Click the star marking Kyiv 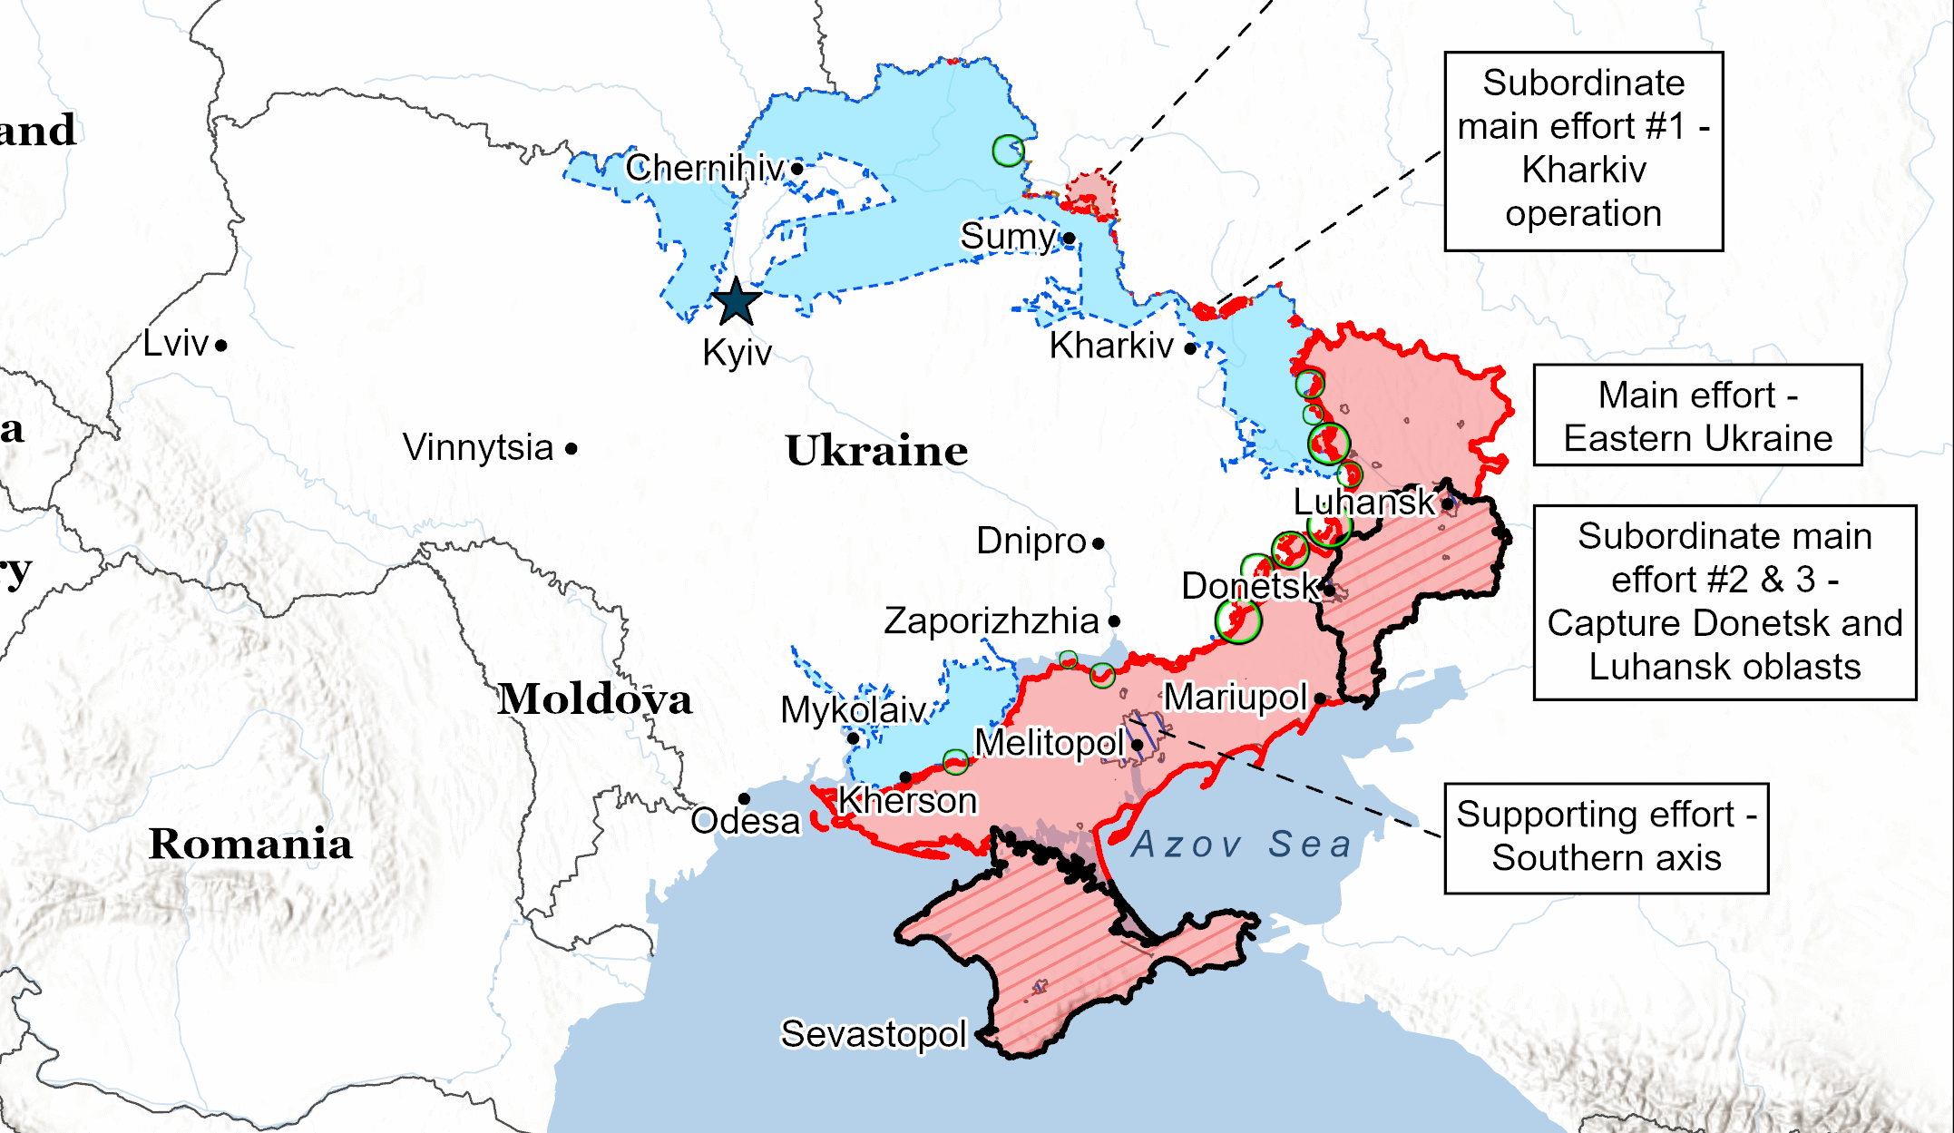pyautogui.click(x=736, y=302)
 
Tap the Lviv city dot pyautogui.click(x=221, y=346)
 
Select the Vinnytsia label pyautogui.click(x=478, y=447)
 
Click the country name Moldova pyautogui.click(x=594, y=698)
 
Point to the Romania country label pyautogui.click(x=250, y=844)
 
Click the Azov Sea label pyautogui.click(x=1241, y=845)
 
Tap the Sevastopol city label pyautogui.click(x=874, y=1033)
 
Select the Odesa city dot pyautogui.click(x=744, y=799)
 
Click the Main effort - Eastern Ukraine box pyautogui.click(x=1697, y=415)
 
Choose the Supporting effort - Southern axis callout pyautogui.click(x=1606, y=837)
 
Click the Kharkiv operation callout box pyautogui.click(x=1583, y=151)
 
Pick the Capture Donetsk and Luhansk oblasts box pyautogui.click(x=1724, y=602)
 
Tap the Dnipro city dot pyautogui.click(x=1099, y=544)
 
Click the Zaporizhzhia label pyautogui.click(x=991, y=621)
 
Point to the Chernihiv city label pyautogui.click(x=704, y=168)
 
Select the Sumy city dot pyautogui.click(x=1070, y=239)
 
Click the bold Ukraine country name pyautogui.click(x=876, y=451)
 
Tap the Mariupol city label pyautogui.click(x=1235, y=698)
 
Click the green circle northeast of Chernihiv pyautogui.click(x=1008, y=151)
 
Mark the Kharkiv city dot pyautogui.click(x=1190, y=347)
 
